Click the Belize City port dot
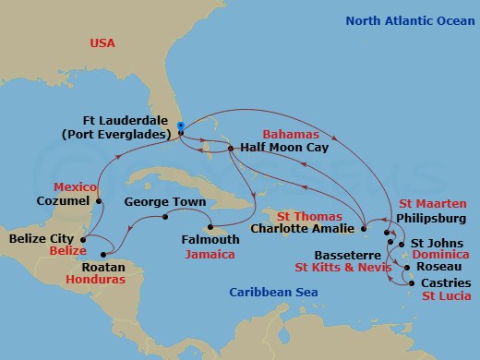click(83, 239)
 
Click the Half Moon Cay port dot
click(230, 147)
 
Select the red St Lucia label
click(445, 296)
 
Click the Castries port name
click(446, 282)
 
